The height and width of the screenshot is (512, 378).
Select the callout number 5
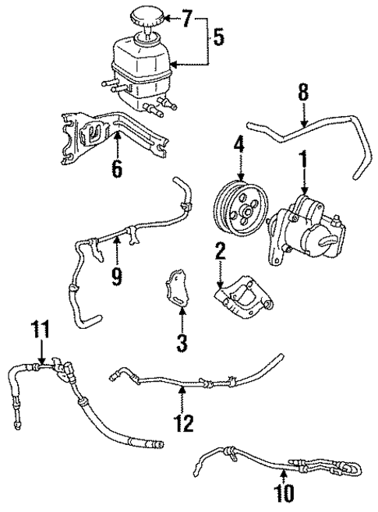(220, 37)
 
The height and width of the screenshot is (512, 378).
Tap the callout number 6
(116, 168)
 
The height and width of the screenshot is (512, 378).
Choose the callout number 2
(221, 252)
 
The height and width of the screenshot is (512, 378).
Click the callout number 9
(116, 275)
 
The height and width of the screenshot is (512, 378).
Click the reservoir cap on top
(145, 16)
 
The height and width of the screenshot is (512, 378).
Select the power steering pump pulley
(237, 210)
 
